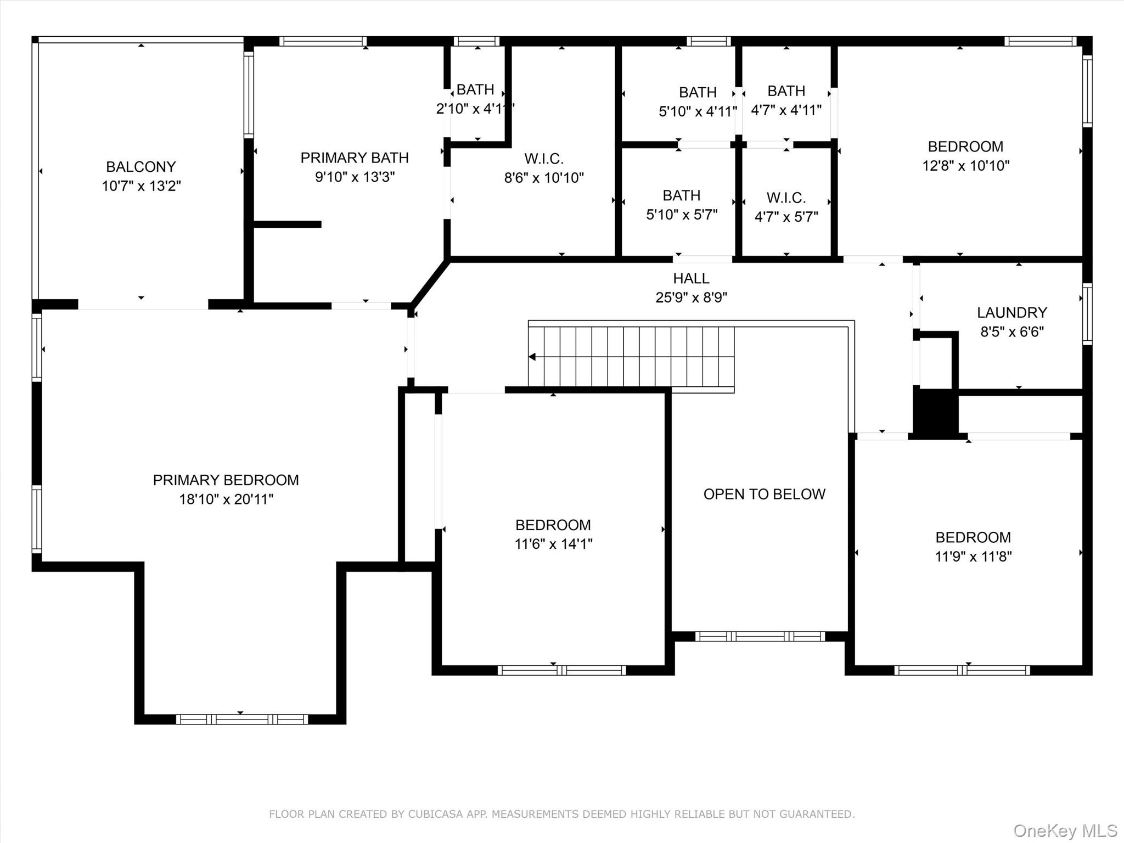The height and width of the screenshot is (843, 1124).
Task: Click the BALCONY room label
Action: click(x=141, y=166)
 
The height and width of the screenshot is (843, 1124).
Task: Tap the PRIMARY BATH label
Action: click(x=355, y=158)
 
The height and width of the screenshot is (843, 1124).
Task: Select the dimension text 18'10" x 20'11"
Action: click(x=226, y=499)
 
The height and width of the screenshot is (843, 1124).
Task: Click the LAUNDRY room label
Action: click(x=1012, y=312)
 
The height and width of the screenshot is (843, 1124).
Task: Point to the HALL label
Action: click(x=692, y=278)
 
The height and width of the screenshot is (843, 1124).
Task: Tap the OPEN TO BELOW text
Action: click(x=765, y=494)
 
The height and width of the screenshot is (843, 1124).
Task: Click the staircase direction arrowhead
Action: click(x=532, y=357)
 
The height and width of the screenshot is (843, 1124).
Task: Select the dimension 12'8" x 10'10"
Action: click(x=966, y=165)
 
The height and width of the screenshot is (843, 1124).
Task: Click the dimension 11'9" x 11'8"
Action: click(x=973, y=556)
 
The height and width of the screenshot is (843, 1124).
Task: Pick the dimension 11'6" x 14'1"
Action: click(x=553, y=543)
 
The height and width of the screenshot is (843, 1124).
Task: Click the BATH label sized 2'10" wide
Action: click(x=475, y=89)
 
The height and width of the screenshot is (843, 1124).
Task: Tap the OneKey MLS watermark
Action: click(x=1065, y=830)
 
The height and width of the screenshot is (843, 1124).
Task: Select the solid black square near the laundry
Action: click(x=936, y=412)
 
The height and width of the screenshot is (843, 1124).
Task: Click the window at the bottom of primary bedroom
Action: click(x=242, y=719)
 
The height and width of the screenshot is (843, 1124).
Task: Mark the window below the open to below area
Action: click(x=760, y=636)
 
